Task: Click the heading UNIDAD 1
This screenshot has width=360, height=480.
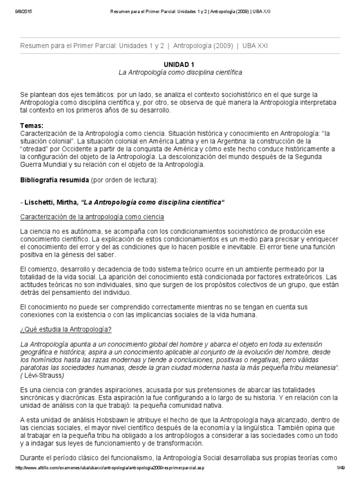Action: pyautogui.click(x=180, y=64)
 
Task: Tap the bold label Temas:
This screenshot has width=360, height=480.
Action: pyautogui.click(x=31, y=126)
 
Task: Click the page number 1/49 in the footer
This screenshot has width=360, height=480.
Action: pyautogui.click(x=340, y=468)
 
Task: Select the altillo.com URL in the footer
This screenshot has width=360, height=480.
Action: pyautogui.click(x=110, y=468)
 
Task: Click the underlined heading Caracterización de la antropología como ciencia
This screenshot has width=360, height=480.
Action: pyautogui.click(x=92, y=217)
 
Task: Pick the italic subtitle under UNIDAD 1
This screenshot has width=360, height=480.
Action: pyautogui.click(x=180, y=73)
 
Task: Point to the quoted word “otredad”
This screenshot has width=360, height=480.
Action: pyautogui.click(x=36, y=149)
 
